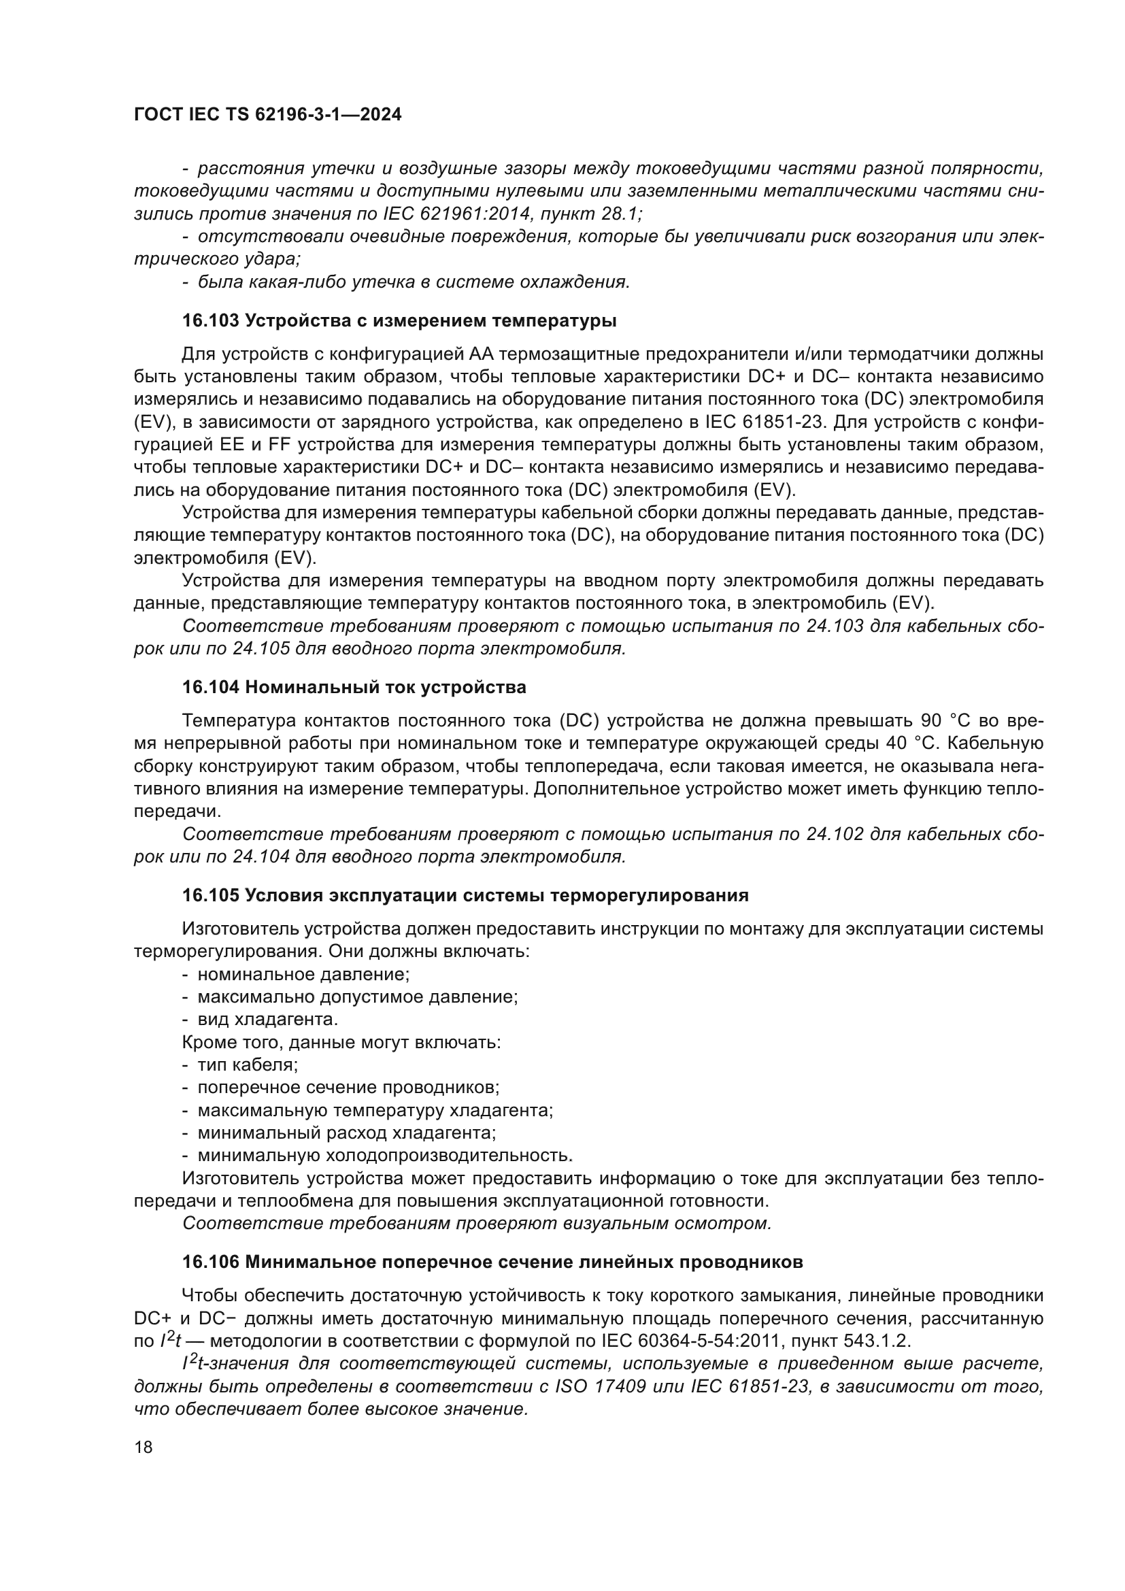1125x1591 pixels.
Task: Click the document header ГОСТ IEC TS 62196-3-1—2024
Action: pyautogui.click(x=267, y=115)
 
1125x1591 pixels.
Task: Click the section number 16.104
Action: pyautogui.click(x=211, y=688)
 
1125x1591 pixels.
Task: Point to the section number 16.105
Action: pyautogui.click(x=211, y=895)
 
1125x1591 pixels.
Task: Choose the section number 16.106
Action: pyautogui.click(x=211, y=1262)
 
